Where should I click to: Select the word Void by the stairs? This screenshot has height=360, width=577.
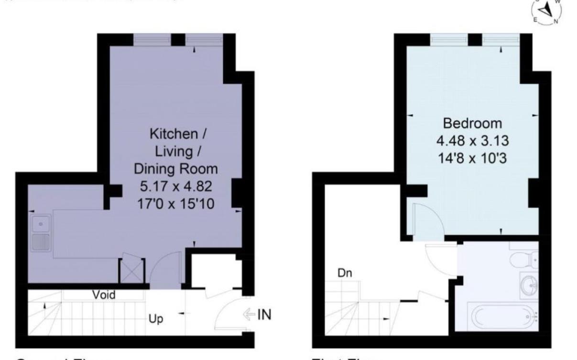[x=104, y=295]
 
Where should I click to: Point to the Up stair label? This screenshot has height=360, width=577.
[x=156, y=319]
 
